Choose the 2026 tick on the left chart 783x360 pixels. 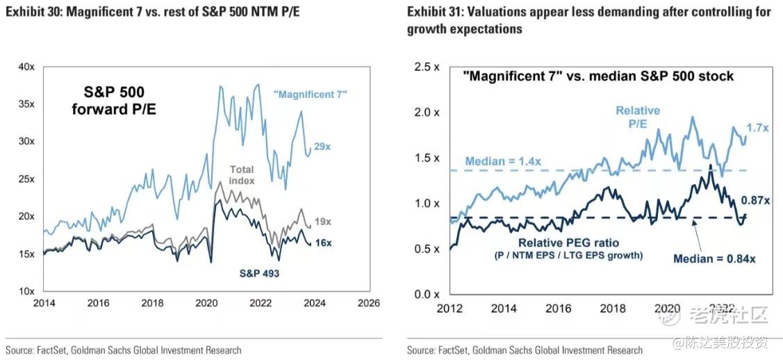tap(368, 304)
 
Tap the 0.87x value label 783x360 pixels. tap(756, 201)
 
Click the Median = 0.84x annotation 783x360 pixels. tap(714, 259)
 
